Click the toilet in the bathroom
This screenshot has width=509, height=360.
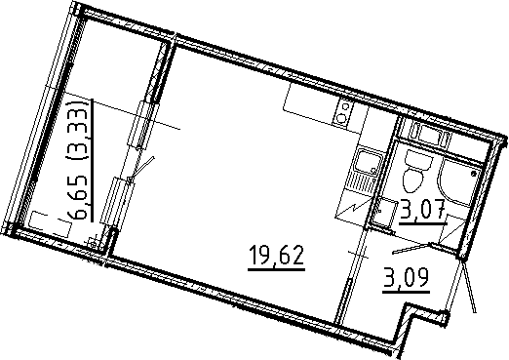412,175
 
